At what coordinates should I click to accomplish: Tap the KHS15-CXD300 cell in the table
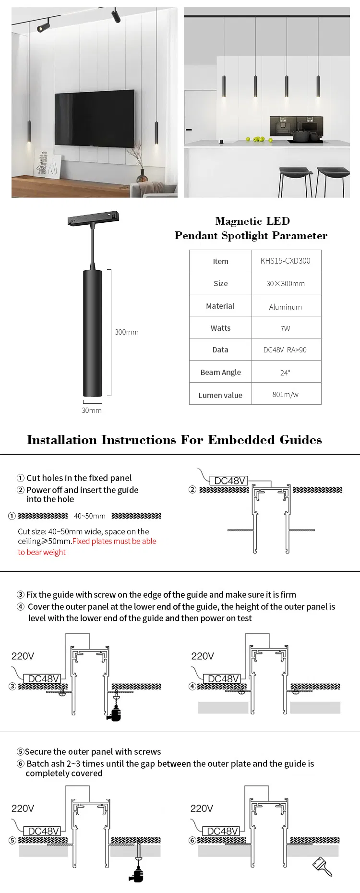coord(286,261)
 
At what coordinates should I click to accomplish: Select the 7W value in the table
coord(286,328)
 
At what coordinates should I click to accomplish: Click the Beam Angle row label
coord(221,373)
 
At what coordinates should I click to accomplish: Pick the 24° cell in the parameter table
coord(286,373)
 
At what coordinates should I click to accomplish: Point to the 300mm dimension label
coord(127,332)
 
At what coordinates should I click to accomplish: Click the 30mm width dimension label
coord(92,410)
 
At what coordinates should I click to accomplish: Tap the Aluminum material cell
coord(286,307)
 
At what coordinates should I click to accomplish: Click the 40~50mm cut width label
coord(90,516)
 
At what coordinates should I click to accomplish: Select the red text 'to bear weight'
coord(42,553)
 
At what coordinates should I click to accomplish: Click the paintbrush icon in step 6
coord(322,866)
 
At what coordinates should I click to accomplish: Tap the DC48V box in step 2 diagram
coord(230,481)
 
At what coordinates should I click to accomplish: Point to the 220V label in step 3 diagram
coord(23,656)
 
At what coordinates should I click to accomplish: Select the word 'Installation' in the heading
coord(62,440)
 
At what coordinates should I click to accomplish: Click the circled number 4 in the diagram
coord(192,686)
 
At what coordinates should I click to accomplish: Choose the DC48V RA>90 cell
coord(286,350)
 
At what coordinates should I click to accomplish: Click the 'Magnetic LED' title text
coord(252,221)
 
